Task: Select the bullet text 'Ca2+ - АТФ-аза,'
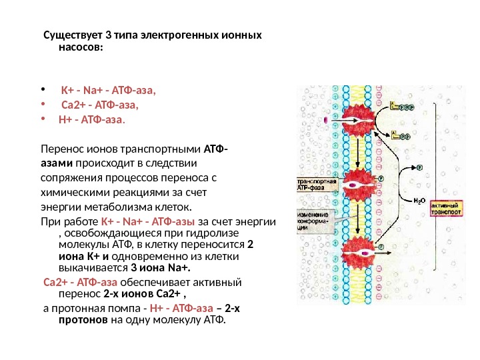point(99,105)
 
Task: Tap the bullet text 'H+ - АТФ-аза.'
point(92,120)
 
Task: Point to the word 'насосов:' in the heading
point(81,48)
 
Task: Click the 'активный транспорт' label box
point(445,209)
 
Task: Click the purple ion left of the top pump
point(325,121)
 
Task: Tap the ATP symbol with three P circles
point(401,105)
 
